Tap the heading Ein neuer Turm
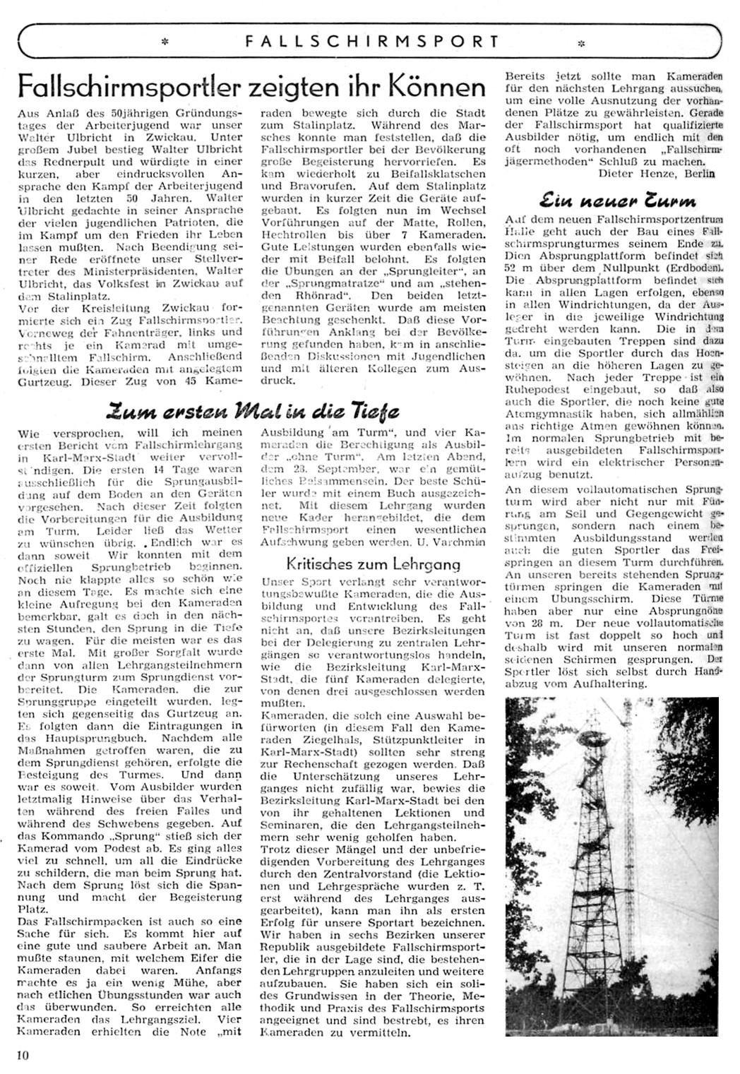(614, 200)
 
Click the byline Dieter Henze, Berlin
(656, 173)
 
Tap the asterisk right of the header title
(580, 42)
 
